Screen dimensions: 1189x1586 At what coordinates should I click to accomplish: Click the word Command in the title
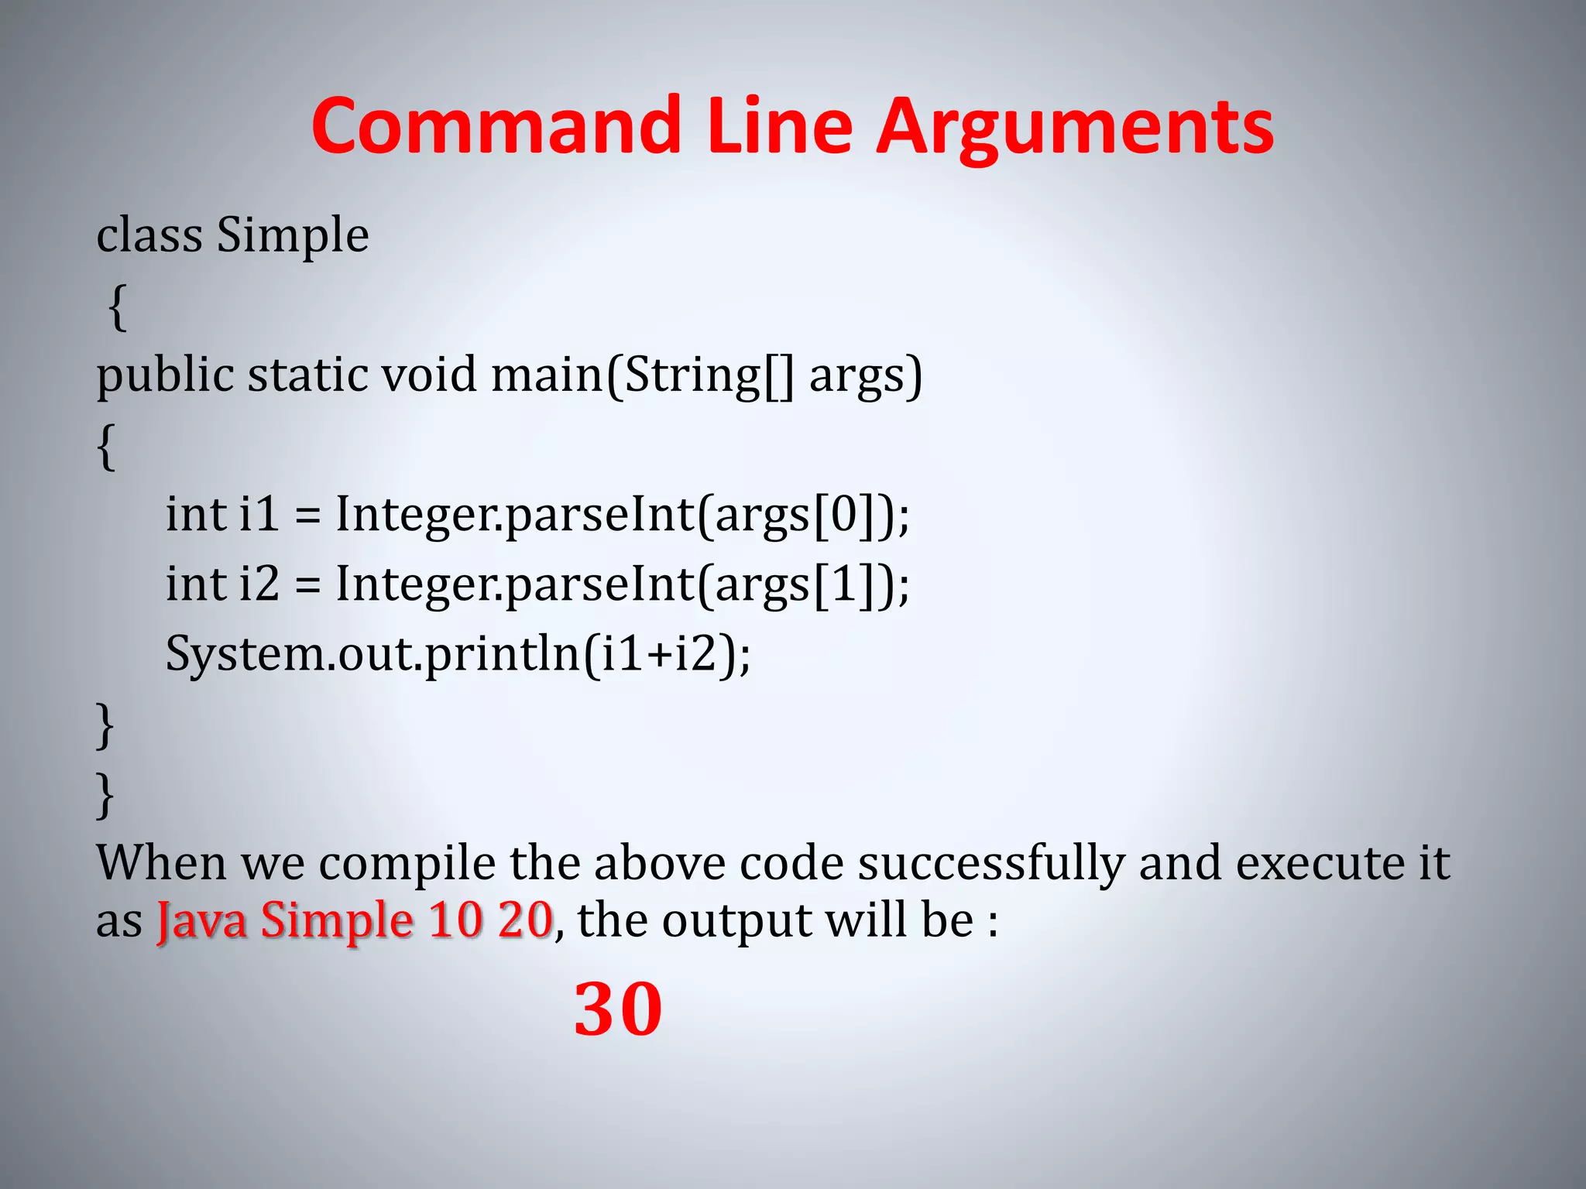tap(496, 126)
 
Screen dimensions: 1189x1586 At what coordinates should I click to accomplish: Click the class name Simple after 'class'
tap(292, 235)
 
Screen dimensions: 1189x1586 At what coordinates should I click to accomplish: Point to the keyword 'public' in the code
tap(165, 377)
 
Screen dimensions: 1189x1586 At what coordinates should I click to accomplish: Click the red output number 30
tap(618, 1009)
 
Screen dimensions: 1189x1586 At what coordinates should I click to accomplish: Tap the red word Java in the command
tap(201, 920)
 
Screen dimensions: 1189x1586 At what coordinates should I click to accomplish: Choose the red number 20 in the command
tap(524, 920)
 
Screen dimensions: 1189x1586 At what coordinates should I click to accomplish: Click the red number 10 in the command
tap(455, 920)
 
